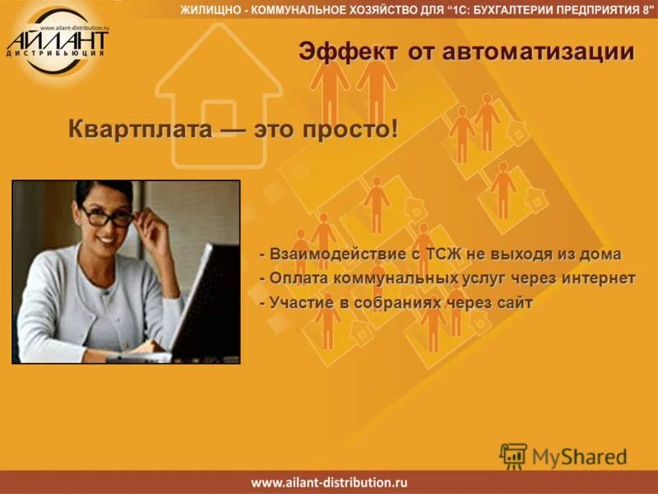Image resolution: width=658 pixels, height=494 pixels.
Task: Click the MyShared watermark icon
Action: coord(514,455)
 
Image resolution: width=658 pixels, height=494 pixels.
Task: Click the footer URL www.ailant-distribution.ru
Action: coord(329,482)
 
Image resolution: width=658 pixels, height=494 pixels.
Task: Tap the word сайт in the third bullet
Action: coord(514,303)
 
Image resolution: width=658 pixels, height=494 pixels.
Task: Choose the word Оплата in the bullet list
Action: coord(294,278)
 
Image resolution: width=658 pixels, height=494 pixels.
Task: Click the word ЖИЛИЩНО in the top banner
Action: coord(208,10)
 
